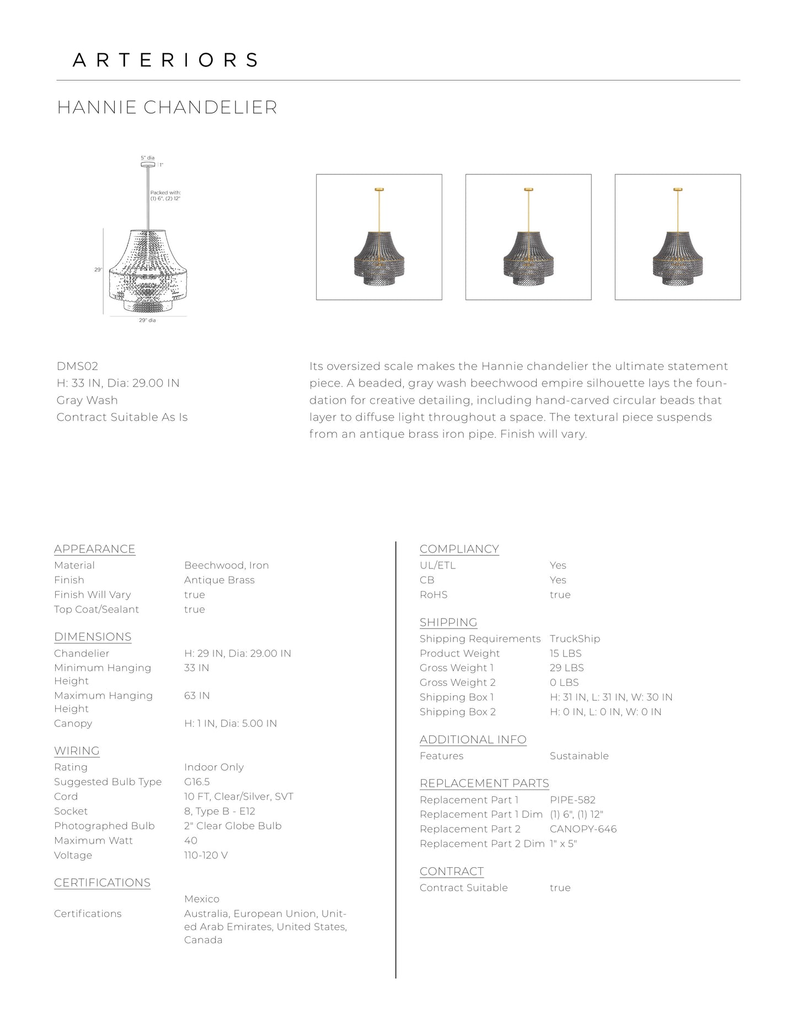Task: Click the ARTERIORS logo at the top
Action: tap(165, 60)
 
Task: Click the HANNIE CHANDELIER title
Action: tap(167, 108)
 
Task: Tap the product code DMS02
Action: tap(77, 366)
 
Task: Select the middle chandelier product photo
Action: tap(528, 237)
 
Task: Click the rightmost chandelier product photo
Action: tap(677, 237)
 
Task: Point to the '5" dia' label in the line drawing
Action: tap(147, 158)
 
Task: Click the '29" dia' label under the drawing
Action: tap(147, 320)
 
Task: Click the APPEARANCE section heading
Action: tap(95, 549)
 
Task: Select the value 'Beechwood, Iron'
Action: tap(227, 565)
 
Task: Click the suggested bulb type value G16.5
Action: tap(197, 782)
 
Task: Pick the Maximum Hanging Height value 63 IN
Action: tap(197, 696)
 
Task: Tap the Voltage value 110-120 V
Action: tap(206, 855)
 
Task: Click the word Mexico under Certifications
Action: tap(202, 899)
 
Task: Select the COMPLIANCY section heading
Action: tap(459, 549)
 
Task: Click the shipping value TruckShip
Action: tap(575, 638)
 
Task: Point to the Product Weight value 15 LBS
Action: tap(565, 653)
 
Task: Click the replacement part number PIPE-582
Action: tap(573, 800)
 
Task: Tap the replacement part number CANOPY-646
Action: tap(583, 829)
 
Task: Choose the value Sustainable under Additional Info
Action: tap(579, 756)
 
